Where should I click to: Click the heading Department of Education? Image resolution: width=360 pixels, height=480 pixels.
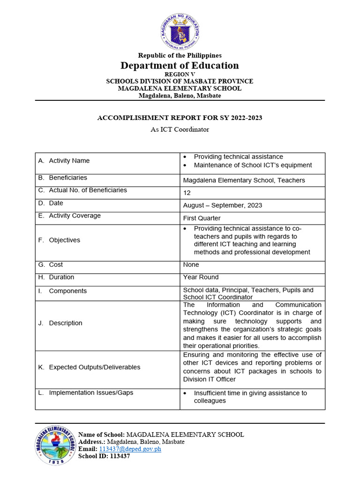[x=180, y=66]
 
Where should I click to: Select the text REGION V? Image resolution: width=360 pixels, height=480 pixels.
[x=180, y=74]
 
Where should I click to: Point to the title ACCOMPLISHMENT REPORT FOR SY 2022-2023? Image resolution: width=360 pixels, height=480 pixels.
[x=180, y=118]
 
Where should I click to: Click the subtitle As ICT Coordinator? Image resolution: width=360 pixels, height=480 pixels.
[x=180, y=129]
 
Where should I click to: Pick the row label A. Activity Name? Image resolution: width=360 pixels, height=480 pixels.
[x=64, y=161]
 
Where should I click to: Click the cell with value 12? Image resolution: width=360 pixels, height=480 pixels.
[x=187, y=193]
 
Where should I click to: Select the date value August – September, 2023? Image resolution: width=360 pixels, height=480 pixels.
[x=222, y=205]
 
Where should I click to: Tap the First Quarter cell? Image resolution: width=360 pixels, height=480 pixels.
[x=202, y=218]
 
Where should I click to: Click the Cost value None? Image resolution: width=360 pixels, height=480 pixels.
[x=191, y=265]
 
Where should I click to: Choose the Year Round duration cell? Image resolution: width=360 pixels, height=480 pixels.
[x=201, y=277]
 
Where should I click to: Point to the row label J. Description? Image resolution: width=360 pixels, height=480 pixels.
[x=60, y=323]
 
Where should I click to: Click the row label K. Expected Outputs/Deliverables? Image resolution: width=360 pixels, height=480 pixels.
[x=89, y=367]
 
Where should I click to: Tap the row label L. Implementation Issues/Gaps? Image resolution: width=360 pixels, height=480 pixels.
[x=85, y=393]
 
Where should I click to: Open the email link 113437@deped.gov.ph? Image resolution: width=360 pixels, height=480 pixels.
[x=130, y=449]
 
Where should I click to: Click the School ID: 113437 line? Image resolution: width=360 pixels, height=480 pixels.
[x=104, y=457]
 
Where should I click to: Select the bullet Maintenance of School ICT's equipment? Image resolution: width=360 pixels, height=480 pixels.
[x=253, y=165]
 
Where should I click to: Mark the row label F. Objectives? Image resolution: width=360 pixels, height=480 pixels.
[x=59, y=240]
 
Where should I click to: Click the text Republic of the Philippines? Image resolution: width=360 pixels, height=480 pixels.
[x=180, y=55]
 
